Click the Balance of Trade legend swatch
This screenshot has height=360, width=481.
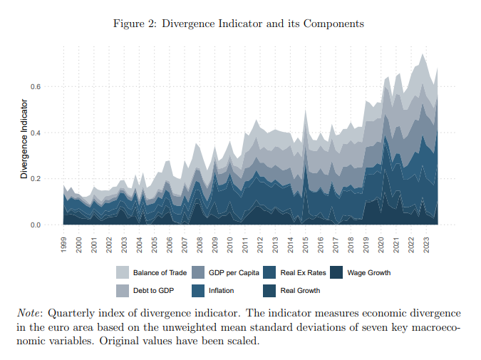122,272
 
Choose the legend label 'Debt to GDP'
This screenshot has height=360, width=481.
154,290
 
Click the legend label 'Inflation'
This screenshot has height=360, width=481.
221,290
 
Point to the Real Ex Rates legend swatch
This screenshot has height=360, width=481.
270,272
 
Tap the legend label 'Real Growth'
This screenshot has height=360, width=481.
300,290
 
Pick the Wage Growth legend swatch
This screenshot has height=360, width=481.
338,272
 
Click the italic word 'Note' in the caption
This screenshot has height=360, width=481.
29,314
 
